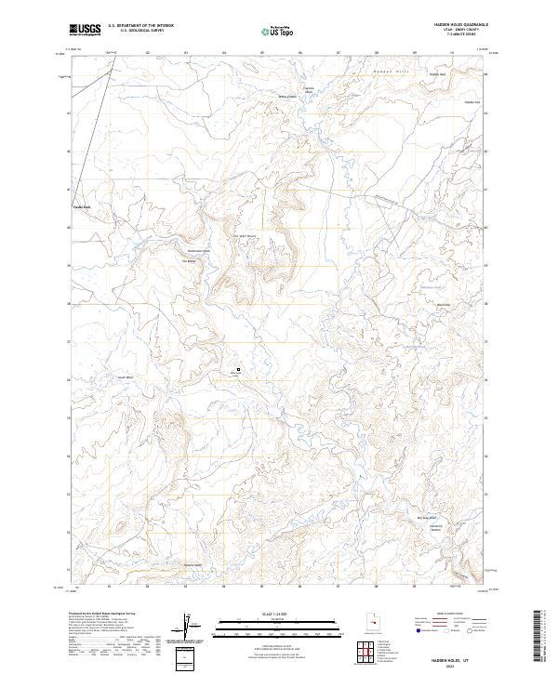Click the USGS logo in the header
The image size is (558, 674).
pyautogui.click(x=85, y=30)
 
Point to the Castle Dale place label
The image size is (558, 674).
pyautogui.click(x=84, y=206)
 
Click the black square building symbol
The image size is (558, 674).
pyautogui.click(x=239, y=369)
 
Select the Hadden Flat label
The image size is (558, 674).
pyautogui.click(x=438, y=73)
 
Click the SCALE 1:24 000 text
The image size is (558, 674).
pyautogui.click(x=266, y=615)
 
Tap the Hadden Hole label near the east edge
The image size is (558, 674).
pyautogui.click(x=471, y=102)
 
